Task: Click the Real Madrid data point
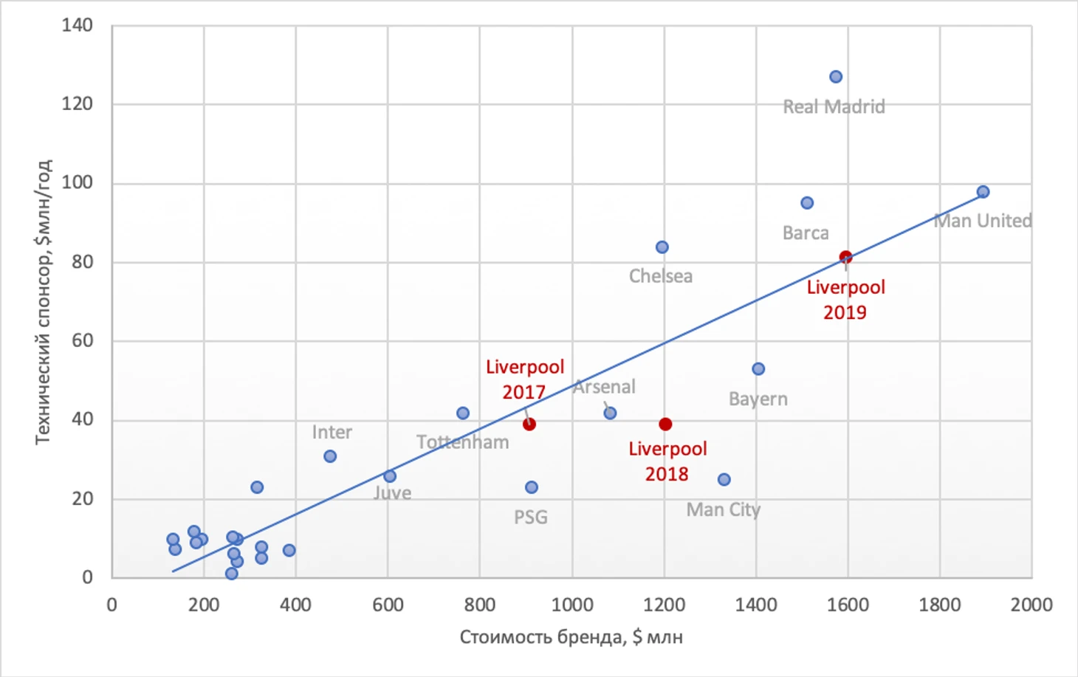pyautogui.click(x=836, y=77)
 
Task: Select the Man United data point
pyautogui.click(x=983, y=192)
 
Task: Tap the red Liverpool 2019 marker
pyautogui.click(x=845, y=257)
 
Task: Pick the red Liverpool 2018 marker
pyautogui.click(x=665, y=424)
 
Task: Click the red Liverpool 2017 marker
pyautogui.click(x=529, y=424)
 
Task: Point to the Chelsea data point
pyautogui.click(x=662, y=247)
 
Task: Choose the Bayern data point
pyautogui.click(x=758, y=369)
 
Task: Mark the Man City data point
pyautogui.click(x=724, y=480)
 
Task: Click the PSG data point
pyautogui.click(x=532, y=487)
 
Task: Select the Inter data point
pyautogui.click(x=330, y=456)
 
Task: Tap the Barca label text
pyautogui.click(x=806, y=233)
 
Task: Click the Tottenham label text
pyautogui.click(x=463, y=442)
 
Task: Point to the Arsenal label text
pyautogui.click(x=605, y=387)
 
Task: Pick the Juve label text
pyautogui.click(x=393, y=493)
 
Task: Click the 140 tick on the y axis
pyautogui.click(x=78, y=25)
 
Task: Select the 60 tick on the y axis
pyautogui.click(x=82, y=340)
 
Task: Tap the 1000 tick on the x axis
pyautogui.click(x=572, y=605)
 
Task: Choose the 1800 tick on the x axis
pyautogui.click(x=940, y=605)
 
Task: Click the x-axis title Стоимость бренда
pyautogui.click(x=571, y=636)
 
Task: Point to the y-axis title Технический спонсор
pyautogui.click(x=44, y=301)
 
